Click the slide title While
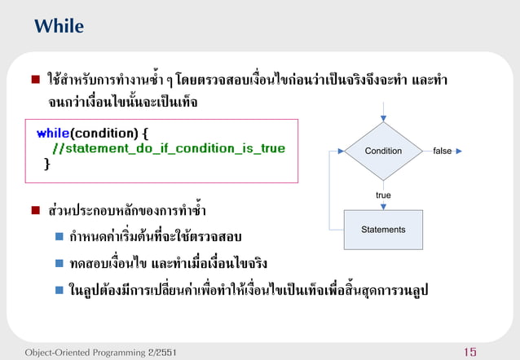coord(59,26)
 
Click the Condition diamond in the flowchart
coord(383,151)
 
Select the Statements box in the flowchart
coord(383,230)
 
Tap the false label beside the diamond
coord(443,151)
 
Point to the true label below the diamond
coord(383,195)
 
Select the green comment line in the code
coord(168,149)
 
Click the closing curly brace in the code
coord(46,165)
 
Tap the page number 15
coord(469,352)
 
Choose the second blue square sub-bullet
coord(59,264)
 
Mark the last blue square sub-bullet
coord(59,290)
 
